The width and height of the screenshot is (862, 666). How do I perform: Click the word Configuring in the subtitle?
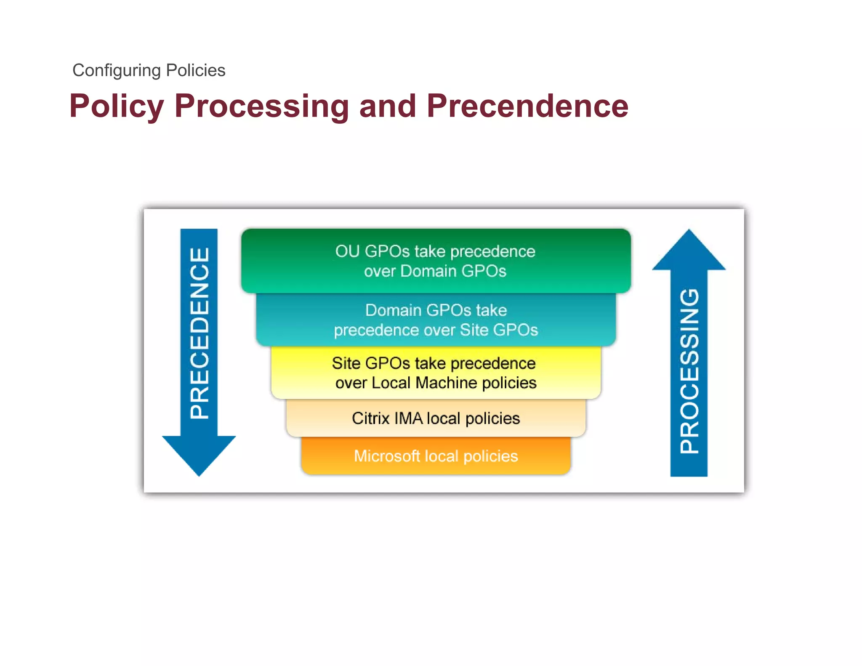point(116,71)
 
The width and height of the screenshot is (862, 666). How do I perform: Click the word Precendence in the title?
point(527,106)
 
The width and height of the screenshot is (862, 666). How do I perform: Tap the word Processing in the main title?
point(261,106)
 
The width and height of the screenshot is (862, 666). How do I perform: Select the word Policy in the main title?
point(117,106)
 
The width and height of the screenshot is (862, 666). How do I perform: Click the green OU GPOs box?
point(435,261)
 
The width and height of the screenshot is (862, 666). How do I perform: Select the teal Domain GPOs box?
point(435,320)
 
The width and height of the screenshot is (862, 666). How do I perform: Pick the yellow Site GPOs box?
point(435,373)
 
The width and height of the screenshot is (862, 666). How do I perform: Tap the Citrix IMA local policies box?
point(435,418)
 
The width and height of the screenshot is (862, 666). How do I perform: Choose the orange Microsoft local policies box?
point(435,456)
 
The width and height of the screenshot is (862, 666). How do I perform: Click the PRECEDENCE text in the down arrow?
point(199,333)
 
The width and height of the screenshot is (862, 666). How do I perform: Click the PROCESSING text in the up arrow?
point(689,370)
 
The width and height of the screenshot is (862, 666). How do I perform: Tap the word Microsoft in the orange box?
point(387,456)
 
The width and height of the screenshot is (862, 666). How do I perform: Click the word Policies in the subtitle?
point(196,71)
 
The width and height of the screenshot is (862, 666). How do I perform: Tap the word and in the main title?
point(387,106)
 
